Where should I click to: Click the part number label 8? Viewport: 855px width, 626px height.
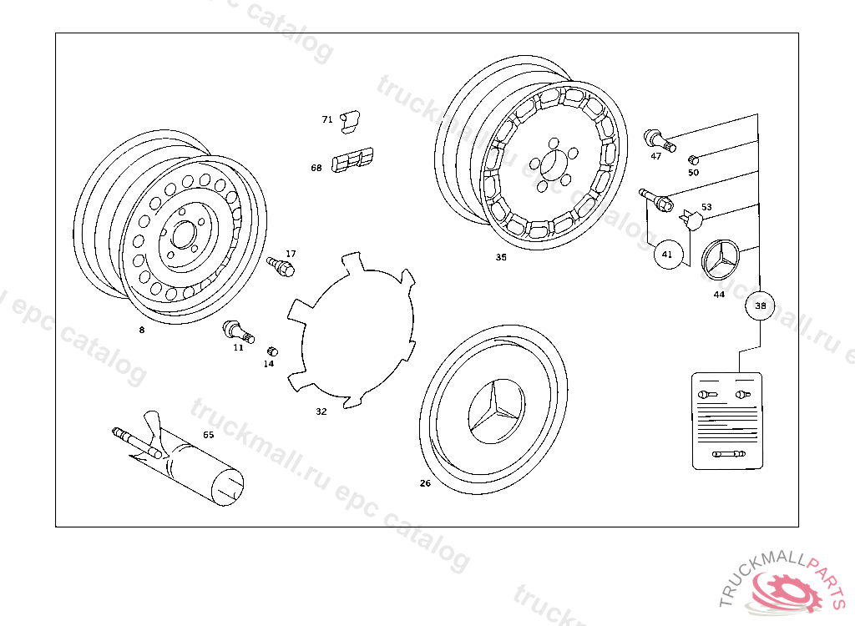[x=142, y=330]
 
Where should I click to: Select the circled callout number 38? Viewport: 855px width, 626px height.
[x=760, y=305]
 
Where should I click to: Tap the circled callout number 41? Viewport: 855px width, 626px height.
[x=667, y=254]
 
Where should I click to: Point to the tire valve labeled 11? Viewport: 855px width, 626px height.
[x=233, y=331]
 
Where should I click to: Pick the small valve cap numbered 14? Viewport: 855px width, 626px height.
[x=271, y=351]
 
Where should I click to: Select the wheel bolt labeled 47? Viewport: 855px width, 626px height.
[x=654, y=138]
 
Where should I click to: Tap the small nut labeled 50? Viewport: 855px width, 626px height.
[x=692, y=159]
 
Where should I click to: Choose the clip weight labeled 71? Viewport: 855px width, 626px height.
[x=352, y=121]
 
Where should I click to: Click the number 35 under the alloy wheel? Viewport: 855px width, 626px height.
[x=501, y=257]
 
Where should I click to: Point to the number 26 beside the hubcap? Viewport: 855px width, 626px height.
[x=425, y=483]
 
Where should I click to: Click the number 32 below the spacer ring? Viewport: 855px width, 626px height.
[x=321, y=411]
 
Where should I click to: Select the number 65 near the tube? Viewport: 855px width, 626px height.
[x=208, y=435]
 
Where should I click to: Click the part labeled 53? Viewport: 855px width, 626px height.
[x=691, y=218]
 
